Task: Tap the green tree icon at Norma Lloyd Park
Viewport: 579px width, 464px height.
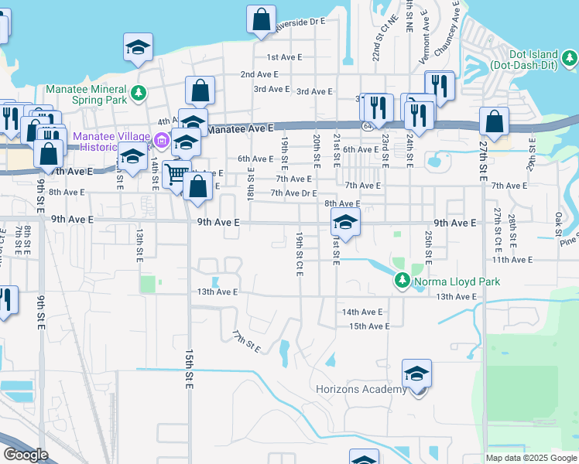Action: click(x=402, y=280)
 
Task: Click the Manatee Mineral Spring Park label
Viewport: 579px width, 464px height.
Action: click(x=86, y=94)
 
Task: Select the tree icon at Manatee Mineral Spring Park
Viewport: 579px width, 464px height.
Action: click(x=139, y=94)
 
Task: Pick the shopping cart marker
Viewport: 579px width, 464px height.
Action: click(x=177, y=175)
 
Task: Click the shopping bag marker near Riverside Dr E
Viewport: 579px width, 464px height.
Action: click(x=262, y=18)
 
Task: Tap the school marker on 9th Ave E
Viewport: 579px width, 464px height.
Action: click(x=344, y=223)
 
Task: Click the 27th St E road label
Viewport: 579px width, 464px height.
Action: click(x=484, y=160)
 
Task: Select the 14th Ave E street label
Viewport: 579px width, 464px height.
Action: click(x=362, y=312)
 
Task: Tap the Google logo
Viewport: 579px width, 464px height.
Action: click(x=26, y=455)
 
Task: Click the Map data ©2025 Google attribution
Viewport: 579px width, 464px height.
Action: click(x=531, y=458)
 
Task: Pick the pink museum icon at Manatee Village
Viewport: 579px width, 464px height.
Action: click(x=161, y=141)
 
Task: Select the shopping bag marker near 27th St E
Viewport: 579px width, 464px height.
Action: click(x=494, y=121)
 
